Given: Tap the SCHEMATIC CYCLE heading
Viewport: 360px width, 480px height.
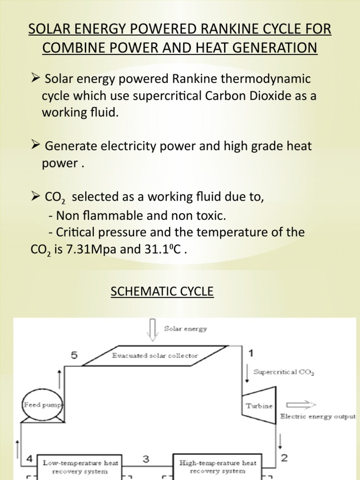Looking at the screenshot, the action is click(x=162, y=292).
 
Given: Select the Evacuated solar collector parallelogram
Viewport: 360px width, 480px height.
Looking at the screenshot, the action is click(x=155, y=355).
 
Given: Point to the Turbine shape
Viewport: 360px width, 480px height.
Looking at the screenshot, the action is click(x=259, y=405).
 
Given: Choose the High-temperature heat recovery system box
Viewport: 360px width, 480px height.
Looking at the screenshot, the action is click(x=218, y=466).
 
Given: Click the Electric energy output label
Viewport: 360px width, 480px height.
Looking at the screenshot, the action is click(x=317, y=417).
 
